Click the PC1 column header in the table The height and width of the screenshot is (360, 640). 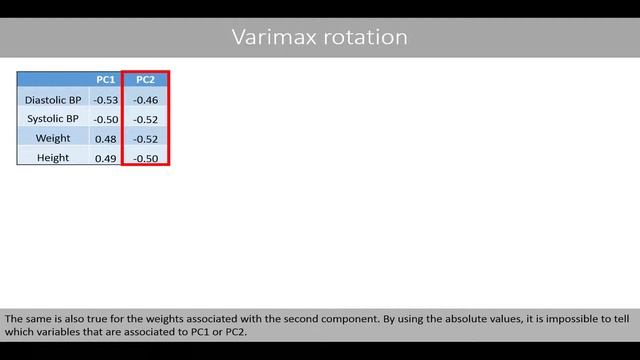pyautogui.click(x=105, y=80)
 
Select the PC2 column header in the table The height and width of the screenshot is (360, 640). pyautogui.click(x=145, y=80)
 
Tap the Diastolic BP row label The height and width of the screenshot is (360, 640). pyautogui.click(x=53, y=100)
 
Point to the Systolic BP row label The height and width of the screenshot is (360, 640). pyautogui.click(x=53, y=119)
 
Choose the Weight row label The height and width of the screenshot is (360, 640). pyautogui.click(x=53, y=138)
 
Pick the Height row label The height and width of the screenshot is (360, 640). pyautogui.click(x=53, y=158)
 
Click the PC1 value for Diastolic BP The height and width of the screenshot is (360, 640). pyautogui.click(x=105, y=100)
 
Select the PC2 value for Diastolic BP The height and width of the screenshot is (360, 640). pyautogui.click(x=145, y=100)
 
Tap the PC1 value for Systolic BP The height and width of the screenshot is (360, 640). pyautogui.click(x=105, y=119)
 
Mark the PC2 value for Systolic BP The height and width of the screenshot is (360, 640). pyautogui.click(x=145, y=119)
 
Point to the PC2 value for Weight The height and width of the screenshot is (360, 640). pyautogui.click(x=145, y=138)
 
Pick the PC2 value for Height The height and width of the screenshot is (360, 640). pyautogui.click(x=145, y=158)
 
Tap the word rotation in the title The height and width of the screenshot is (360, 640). pyautogui.click(x=366, y=38)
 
